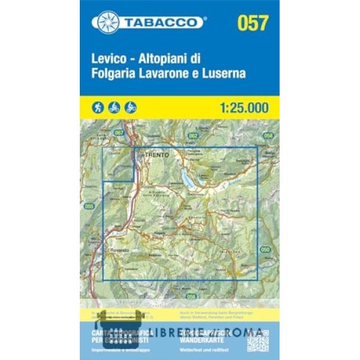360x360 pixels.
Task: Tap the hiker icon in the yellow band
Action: pos(98,107)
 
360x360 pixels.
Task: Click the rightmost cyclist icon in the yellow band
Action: pos(131,107)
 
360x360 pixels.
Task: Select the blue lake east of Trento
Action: pos(188,176)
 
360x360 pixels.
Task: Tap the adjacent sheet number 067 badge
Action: pos(118,133)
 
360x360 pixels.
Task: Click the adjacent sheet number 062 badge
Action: pos(193,136)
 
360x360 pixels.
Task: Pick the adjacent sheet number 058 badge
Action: pos(268,136)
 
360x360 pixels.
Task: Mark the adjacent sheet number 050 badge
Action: pos(265,249)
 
